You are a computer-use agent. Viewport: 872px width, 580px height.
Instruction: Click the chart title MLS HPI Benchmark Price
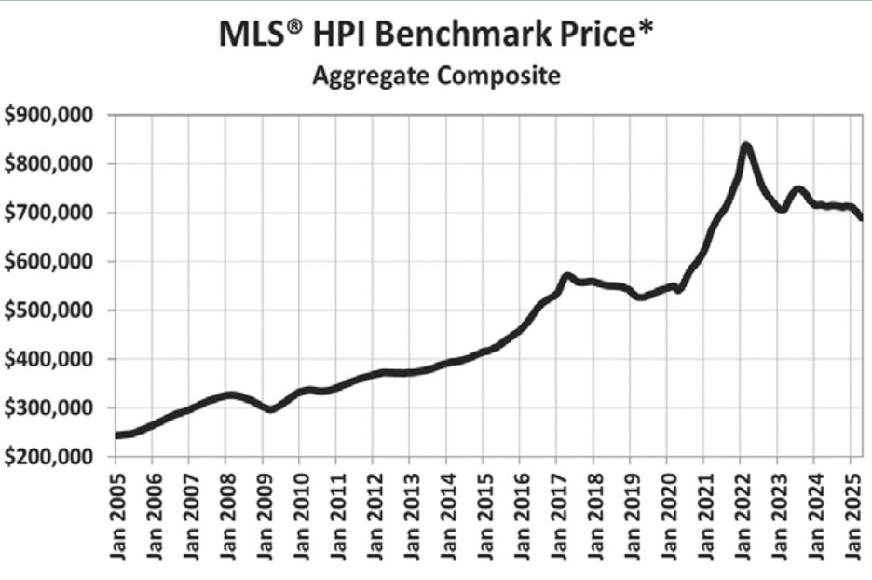pyautogui.click(x=436, y=35)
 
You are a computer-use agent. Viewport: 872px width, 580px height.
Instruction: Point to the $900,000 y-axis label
pyautogui.click(x=52, y=116)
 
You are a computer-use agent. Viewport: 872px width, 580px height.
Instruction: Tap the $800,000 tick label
pyautogui.click(x=52, y=164)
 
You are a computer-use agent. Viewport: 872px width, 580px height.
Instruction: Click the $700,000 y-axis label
pyautogui.click(x=52, y=213)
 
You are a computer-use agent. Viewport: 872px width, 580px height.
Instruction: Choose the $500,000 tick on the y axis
pyautogui.click(x=52, y=311)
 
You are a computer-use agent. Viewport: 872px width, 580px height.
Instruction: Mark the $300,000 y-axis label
pyautogui.click(x=52, y=408)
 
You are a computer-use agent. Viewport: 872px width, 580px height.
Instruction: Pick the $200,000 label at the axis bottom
pyautogui.click(x=52, y=457)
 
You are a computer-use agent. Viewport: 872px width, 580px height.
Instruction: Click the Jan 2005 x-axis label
pyautogui.click(x=116, y=517)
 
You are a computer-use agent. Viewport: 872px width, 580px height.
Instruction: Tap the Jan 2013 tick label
pyautogui.click(x=410, y=517)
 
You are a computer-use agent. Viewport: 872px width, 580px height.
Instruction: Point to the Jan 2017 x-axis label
pyautogui.click(x=556, y=517)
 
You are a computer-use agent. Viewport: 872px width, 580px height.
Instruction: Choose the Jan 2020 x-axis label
pyautogui.click(x=667, y=517)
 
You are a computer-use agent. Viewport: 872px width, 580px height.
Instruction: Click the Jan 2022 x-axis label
pyautogui.click(x=741, y=517)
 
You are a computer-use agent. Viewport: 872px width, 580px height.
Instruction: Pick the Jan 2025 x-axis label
pyautogui.click(x=851, y=517)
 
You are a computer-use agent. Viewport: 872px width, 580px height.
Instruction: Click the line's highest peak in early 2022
pyautogui.click(x=745, y=145)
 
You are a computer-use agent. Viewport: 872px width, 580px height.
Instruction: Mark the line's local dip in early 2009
pyautogui.click(x=270, y=409)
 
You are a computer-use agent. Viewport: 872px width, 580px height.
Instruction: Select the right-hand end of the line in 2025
pyautogui.click(x=862, y=218)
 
